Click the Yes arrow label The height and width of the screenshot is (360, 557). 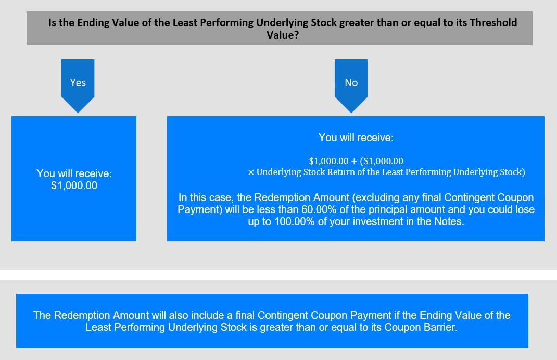78,83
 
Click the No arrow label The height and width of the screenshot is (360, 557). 351,83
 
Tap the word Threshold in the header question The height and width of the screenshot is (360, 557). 493,22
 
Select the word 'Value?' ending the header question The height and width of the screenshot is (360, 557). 283,35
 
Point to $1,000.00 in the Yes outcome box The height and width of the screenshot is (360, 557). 74,185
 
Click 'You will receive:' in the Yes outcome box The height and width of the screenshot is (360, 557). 74,173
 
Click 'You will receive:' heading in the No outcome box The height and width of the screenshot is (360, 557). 356,138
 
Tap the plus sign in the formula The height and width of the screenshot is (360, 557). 354,162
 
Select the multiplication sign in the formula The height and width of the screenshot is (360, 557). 251,173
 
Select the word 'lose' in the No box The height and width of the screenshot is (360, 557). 524,209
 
